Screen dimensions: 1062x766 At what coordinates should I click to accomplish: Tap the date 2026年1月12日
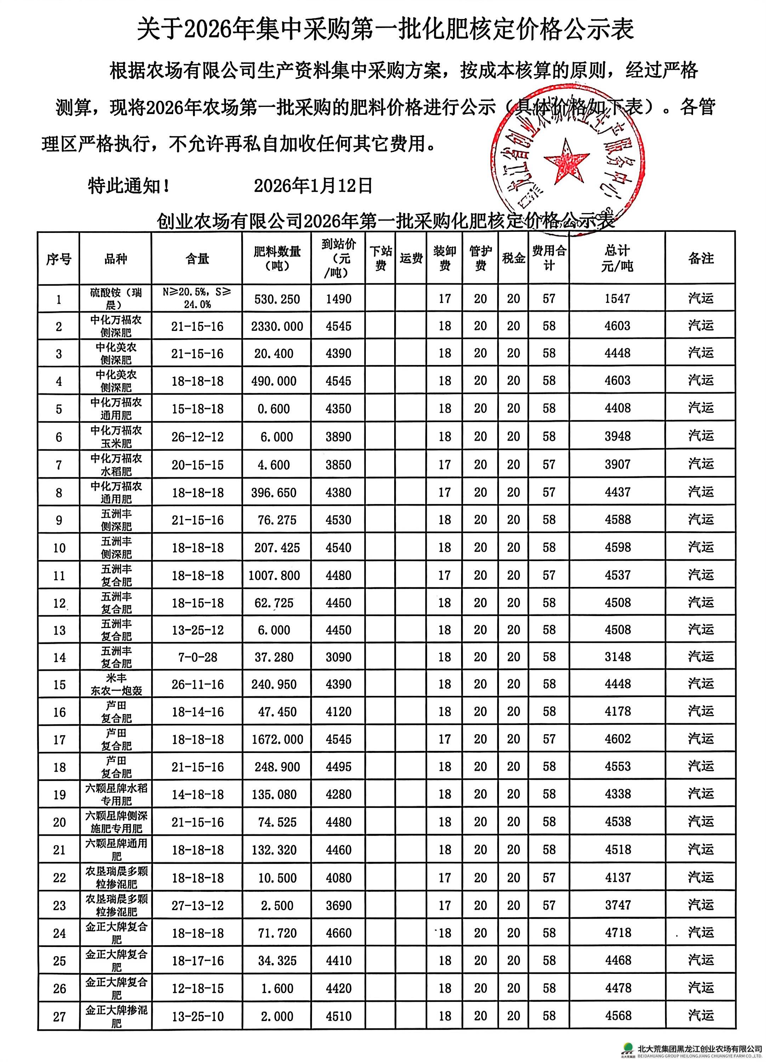(313, 186)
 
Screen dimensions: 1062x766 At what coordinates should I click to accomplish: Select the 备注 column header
(701, 258)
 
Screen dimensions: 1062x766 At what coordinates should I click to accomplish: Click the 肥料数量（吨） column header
(277, 258)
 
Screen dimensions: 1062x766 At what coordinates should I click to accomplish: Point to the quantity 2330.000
(277, 326)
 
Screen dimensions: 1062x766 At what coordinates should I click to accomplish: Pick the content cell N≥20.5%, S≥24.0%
(197, 298)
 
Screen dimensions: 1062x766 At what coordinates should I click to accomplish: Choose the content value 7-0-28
(197, 657)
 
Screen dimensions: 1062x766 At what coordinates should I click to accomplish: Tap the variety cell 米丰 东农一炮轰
(116, 684)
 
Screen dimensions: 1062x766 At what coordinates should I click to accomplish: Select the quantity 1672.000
(277, 740)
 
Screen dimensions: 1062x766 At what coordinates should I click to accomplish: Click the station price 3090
(338, 657)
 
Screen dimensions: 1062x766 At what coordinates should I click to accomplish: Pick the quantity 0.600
(277, 409)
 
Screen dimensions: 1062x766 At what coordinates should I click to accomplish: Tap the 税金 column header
(513, 258)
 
